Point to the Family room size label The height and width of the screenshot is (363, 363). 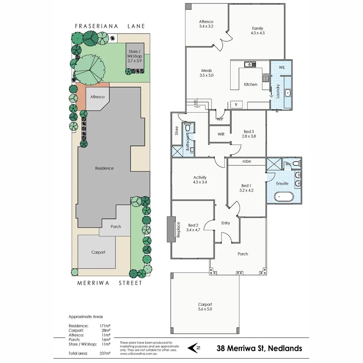coord(257,31)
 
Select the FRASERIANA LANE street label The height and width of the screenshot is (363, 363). coord(110,26)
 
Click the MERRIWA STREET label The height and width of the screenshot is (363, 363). coord(109,283)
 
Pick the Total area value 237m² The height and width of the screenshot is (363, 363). coord(105,354)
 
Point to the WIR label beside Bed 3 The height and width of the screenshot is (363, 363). coord(221,134)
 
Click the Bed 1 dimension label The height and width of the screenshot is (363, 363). coord(246,188)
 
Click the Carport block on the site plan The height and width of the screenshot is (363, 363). coord(98,252)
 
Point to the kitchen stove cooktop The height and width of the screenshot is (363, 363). coord(266,78)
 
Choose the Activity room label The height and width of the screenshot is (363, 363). coord(199,180)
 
